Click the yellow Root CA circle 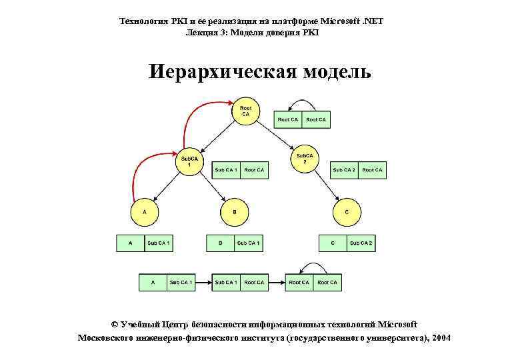245,111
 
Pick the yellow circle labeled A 144,213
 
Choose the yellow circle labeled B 234,213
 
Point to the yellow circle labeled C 347,213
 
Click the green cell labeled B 220,243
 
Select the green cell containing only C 333,243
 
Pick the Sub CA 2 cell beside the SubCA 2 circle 344,171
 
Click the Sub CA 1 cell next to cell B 248,243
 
